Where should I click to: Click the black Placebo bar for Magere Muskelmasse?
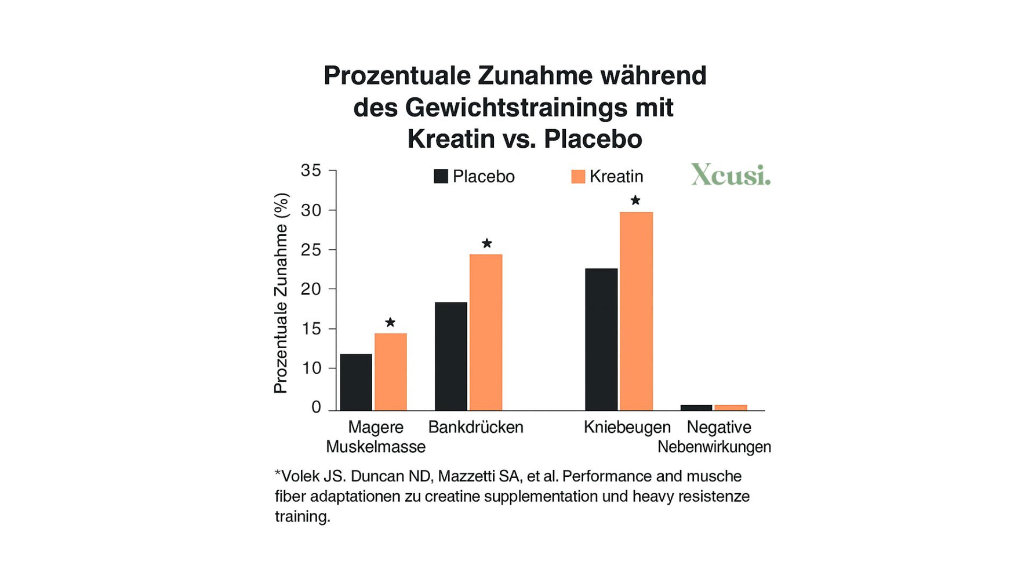(356, 382)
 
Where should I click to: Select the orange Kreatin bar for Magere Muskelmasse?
(390, 371)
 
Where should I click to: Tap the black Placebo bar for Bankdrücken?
(450, 356)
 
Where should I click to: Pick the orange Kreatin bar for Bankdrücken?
(485, 332)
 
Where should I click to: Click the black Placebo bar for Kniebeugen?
(601, 339)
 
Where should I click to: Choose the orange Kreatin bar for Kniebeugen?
(636, 311)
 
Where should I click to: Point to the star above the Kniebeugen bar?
(635, 200)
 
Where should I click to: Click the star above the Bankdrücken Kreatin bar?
(486, 243)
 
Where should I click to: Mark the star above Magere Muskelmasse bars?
(390, 322)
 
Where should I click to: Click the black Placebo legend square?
(441, 176)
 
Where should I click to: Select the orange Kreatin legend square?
(578, 176)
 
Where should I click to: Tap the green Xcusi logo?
(731, 174)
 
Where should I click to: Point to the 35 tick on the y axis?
(311, 170)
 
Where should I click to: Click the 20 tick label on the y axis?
(311, 289)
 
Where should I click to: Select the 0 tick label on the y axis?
(316, 407)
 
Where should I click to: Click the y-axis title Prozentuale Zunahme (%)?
(281, 293)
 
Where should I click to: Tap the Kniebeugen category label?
(627, 427)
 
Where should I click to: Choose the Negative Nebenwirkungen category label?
(715, 437)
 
